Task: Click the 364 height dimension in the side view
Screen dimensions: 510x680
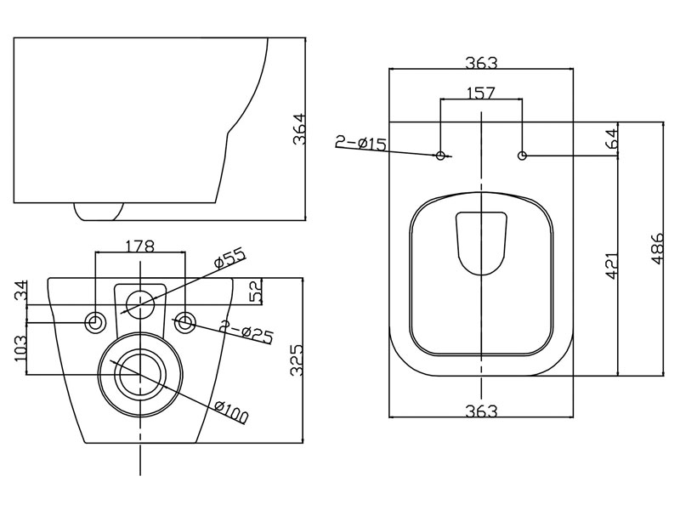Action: [x=299, y=129]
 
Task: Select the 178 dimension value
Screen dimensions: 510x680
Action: [x=139, y=246]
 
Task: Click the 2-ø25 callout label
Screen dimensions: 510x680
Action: [x=246, y=331]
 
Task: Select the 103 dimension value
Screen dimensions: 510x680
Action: [x=21, y=349]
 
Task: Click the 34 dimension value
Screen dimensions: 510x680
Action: [x=21, y=292]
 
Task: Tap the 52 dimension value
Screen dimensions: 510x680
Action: [x=256, y=291]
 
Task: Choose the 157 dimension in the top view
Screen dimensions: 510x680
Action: [x=481, y=93]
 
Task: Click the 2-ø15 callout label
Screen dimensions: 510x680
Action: [x=360, y=143]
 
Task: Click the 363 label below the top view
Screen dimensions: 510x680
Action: [x=481, y=411]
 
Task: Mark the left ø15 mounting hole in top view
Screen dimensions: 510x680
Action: [x=440, y=156]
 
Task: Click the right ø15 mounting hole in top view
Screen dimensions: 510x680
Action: [x=522, y=156]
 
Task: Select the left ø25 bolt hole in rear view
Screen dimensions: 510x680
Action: [x=95, y=322]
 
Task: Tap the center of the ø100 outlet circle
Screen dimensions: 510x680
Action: [x=139, y=374]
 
